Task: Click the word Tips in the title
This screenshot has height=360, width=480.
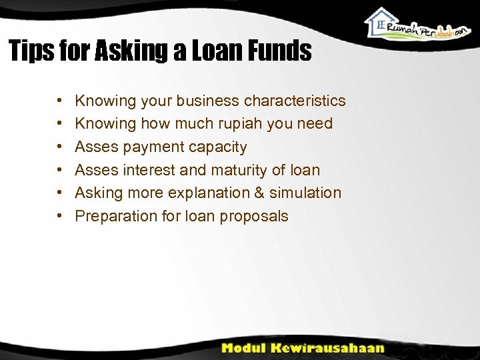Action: tap(30, 51)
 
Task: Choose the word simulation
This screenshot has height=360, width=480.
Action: tap(305, 193)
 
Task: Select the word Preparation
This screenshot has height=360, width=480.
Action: tap(113, 216)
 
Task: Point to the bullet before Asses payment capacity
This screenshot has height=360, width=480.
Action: tap(60, 147)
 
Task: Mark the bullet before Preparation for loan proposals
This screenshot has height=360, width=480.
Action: tap(60, 216)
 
